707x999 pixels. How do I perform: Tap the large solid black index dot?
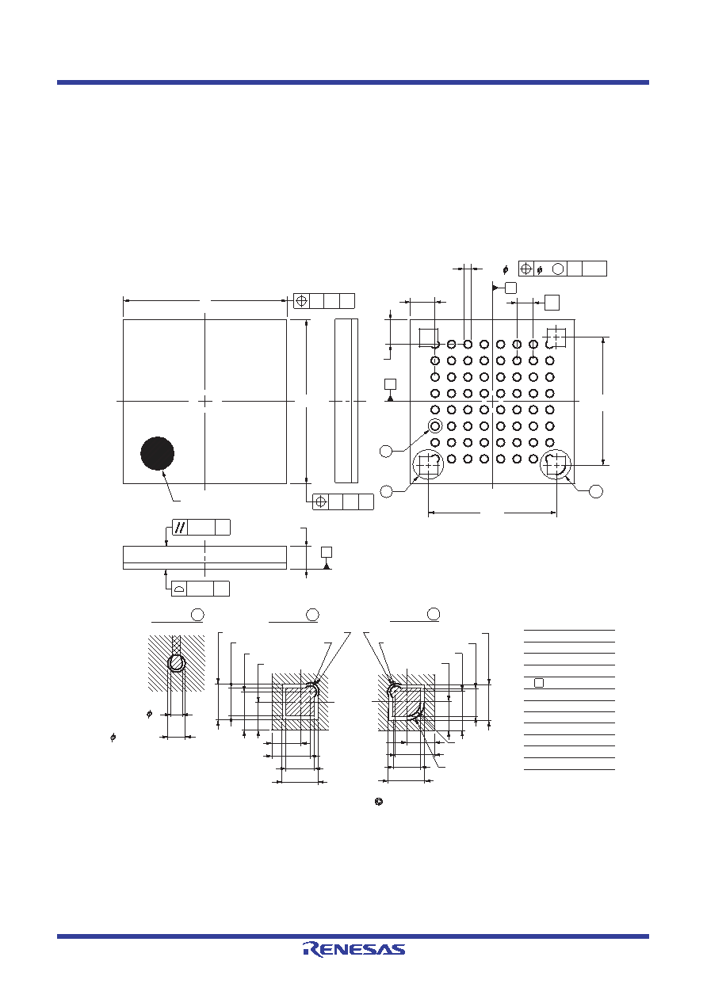click(158, 453)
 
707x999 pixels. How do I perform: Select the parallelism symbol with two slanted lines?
click(180, 527)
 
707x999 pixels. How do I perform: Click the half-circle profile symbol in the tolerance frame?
click(179, 589)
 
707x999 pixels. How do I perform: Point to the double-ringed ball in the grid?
click(435, 426)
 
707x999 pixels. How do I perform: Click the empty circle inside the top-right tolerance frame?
click(558, 269)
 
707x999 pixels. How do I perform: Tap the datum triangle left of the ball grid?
click(390, 398)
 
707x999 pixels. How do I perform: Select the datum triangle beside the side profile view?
click(327, 566)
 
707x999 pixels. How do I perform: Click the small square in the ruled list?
click(539, 683)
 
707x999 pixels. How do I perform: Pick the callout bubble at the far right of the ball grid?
click(596, 491)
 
